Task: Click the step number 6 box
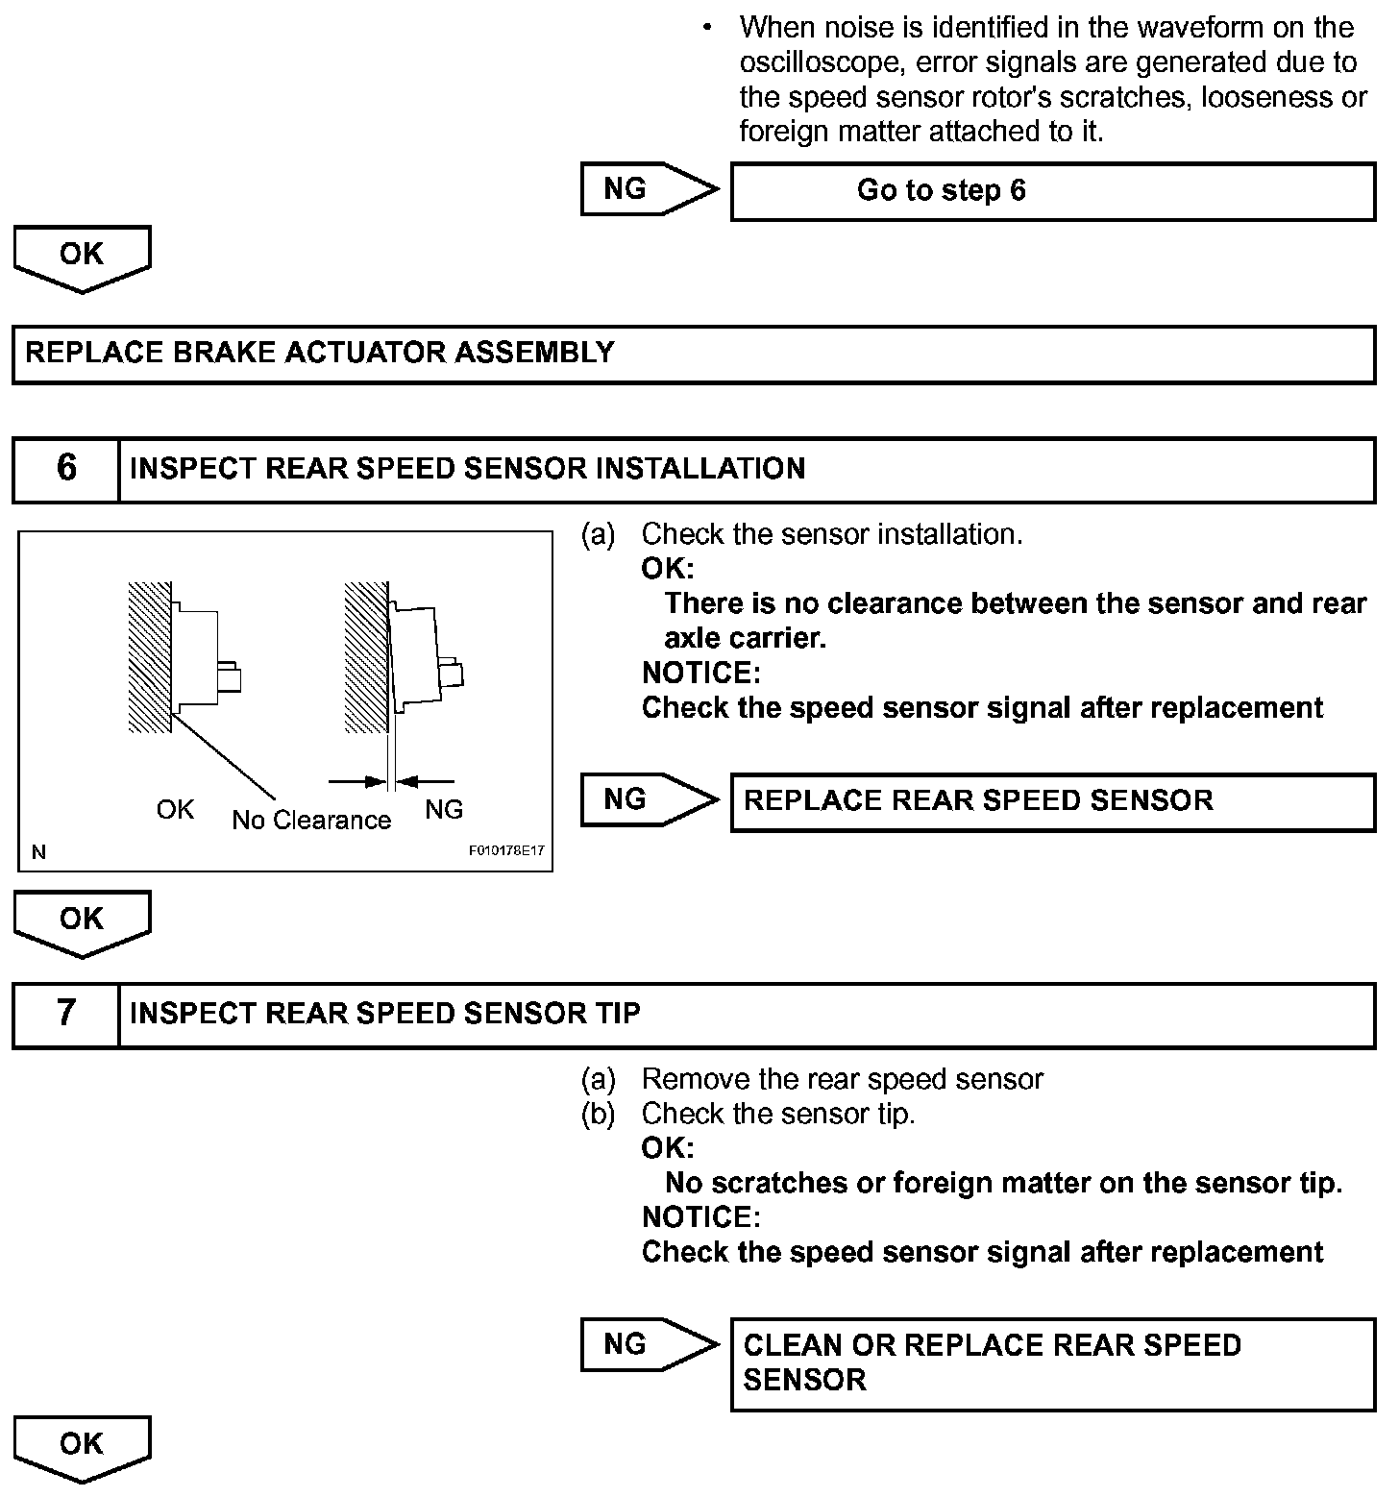click(x=65, y=469)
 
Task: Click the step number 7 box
click(x=65, y=1014)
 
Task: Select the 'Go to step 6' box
click(x=1052, y=191)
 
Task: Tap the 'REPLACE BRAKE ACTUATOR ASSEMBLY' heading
click(x=319, y=353)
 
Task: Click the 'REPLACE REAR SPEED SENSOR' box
click(x=1052, y=801)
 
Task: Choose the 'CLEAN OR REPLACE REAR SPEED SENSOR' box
click(x=1052, y=1363)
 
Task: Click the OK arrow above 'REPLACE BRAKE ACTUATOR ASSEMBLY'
click(x=82, y=257)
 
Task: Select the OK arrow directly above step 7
click(x=82, y=921)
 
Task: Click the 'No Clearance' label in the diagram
click(x=311, y=820)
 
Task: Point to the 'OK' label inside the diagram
click(x=175, y=809)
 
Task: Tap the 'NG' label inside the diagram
click(x=443, y=809)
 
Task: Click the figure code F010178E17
click(x=506, y=851)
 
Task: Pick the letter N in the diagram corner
click(x=38, y=851)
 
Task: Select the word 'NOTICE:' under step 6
click(x=700, y=673)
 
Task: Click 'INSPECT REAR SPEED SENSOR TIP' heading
click(x=384, y=1014)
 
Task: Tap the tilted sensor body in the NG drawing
click(x=415, y=658)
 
